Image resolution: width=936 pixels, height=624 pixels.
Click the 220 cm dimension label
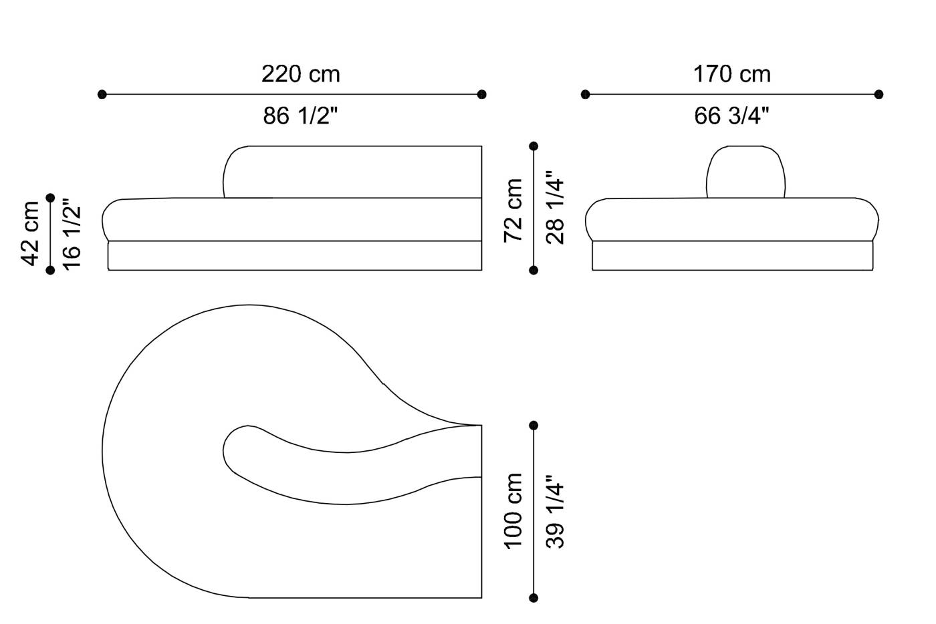(300, 74)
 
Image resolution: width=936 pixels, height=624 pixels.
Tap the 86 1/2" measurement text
(300, 116)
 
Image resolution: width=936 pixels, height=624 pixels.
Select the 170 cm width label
(732, 74)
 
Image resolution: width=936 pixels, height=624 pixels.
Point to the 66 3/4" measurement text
(731, 116)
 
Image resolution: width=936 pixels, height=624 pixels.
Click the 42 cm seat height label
(30, 233)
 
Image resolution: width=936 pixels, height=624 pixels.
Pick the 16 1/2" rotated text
(72, 234)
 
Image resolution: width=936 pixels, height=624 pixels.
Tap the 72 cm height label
(513, 210)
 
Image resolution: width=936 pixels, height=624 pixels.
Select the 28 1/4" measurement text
(555, 207)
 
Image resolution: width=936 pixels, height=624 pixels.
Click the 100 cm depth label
(513, 511)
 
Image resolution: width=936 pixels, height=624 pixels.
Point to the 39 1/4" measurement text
(555, 511)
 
